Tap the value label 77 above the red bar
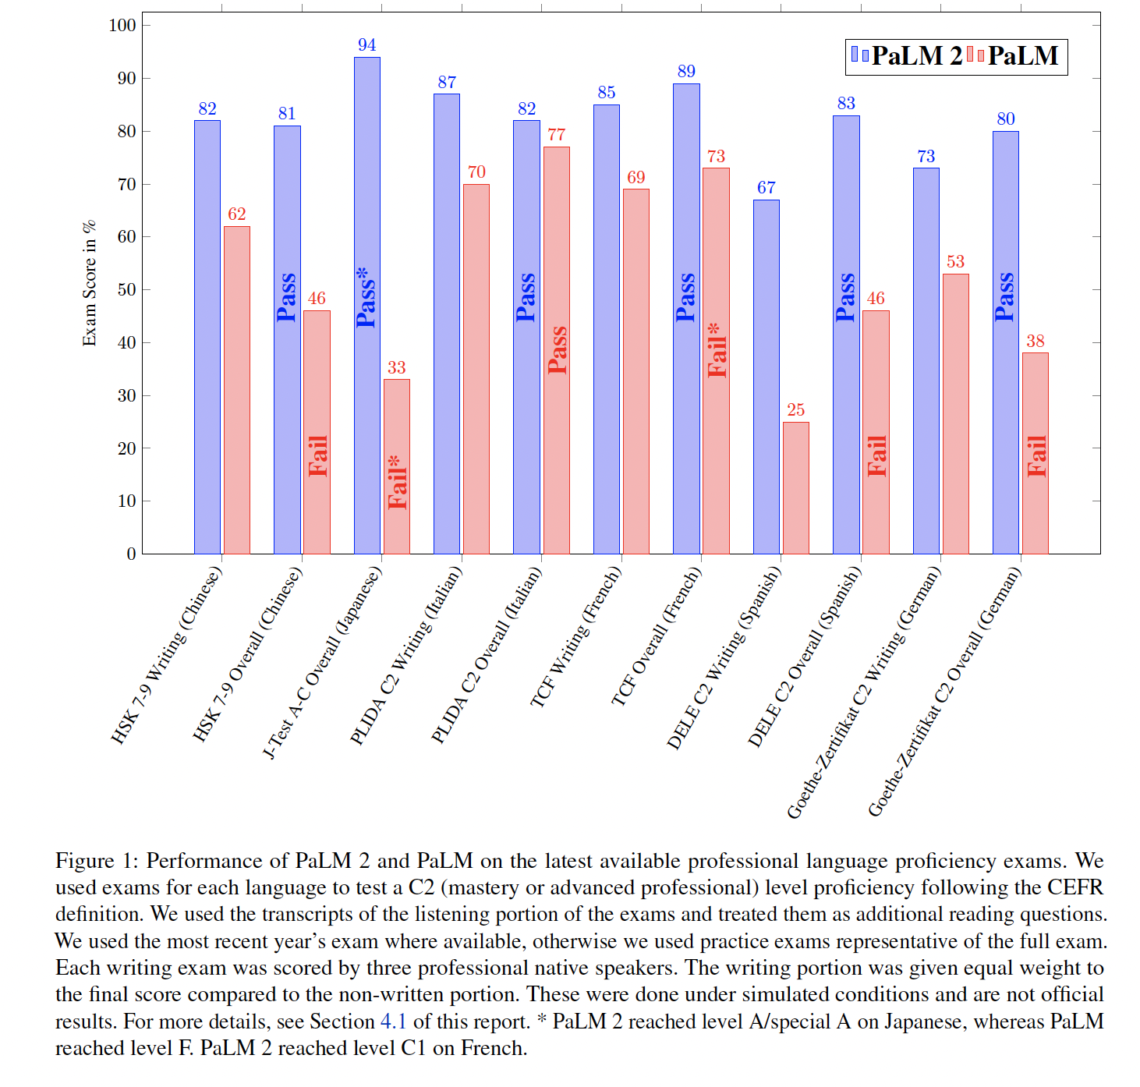click(x=556, y=135)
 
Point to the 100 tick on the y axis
click(x=122, y=25)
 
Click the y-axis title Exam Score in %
click(x=90, y=283)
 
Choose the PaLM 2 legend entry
click(x=907, y=56)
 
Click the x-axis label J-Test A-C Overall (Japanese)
click(x=323, y=663)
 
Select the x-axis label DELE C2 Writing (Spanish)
click(x=724, y=658)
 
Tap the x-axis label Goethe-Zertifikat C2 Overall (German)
click(x=944, y=692)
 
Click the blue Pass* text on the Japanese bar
click(x=365, y=297)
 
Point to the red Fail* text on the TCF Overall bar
click(x=717, y=351)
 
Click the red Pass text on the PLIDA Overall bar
click(x=557, y=350)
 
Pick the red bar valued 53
click(x=955, y=414)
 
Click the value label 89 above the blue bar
click(x=686, y=72)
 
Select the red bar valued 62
click(x=236, y=390)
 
